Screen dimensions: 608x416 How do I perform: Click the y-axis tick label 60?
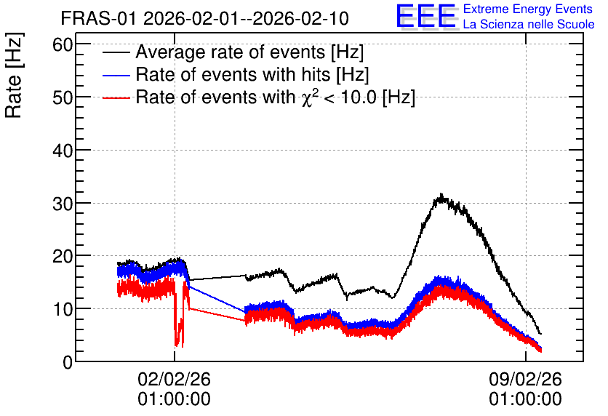(x=63, y=45)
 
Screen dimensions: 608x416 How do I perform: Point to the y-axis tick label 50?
(x=63, y=97)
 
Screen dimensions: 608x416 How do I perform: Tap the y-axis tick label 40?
(x=63, y=151)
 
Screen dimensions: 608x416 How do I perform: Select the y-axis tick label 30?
(x=63, y=204)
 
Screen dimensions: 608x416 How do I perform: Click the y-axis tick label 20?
(x=63, y=256)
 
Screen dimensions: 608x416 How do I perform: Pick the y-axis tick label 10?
(x=63, y=309)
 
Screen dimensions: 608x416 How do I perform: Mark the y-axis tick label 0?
(x=68, y=362)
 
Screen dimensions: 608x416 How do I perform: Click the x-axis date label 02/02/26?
(x=174, y=379)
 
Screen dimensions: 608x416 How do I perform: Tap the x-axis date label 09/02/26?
(x=525, y=379)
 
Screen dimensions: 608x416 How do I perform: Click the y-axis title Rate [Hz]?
(x=14, y=75)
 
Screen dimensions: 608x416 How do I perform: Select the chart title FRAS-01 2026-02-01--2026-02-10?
(x=205, y=18)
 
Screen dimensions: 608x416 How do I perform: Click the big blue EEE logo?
(x=425, y=16)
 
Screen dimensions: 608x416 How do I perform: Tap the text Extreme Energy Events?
(x=528, y=9)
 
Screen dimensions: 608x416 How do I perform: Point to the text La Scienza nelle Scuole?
(x=529, y=24)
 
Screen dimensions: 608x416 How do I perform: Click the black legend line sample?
(x=116, y=52)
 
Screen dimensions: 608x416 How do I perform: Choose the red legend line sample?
(x=116, y=97)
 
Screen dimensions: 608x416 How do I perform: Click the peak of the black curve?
(x=441, y=194)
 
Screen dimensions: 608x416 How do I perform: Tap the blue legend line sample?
(x=116, y=75)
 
